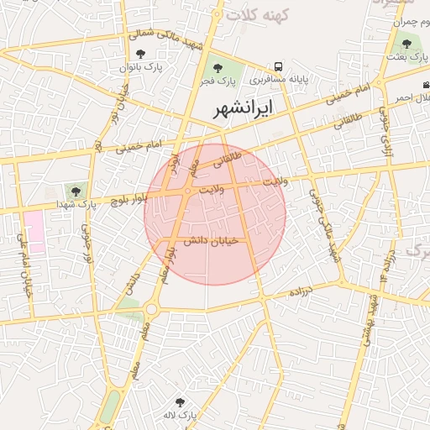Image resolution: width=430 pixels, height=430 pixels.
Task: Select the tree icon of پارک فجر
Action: tap(218, 68)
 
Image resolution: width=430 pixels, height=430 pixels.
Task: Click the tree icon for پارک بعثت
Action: tap(406, 43)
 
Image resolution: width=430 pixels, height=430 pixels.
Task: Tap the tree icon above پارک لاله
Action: tap(179, 403)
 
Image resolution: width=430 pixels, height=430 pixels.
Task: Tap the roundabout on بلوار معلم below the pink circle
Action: tap(151, 309)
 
